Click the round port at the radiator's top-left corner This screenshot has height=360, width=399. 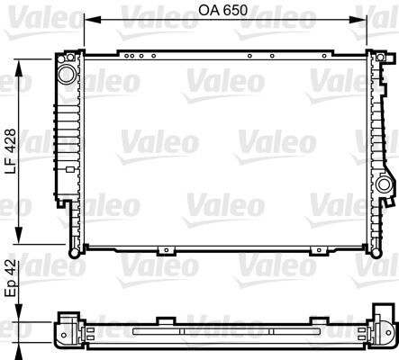[67, 71]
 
